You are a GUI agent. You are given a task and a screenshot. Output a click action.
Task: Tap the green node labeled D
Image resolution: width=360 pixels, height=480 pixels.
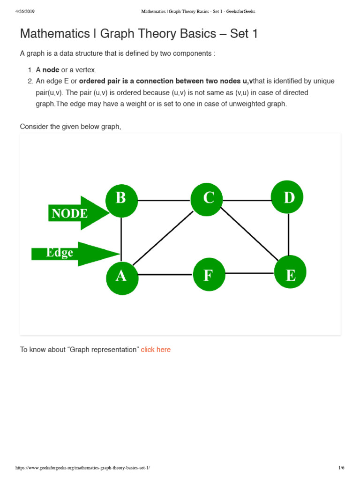287,197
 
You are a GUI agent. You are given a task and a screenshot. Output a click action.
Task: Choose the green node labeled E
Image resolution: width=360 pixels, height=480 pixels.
290,272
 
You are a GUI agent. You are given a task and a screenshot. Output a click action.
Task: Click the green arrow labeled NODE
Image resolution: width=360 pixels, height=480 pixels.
75,213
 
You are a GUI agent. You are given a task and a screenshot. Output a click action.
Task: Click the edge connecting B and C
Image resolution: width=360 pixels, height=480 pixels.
164,201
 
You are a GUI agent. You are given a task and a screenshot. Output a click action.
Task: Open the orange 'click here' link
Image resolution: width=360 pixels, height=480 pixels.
156,350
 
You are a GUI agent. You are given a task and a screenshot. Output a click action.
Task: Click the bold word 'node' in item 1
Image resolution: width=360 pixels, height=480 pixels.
51,70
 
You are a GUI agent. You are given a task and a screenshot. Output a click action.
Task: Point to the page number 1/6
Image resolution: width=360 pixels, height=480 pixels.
341,468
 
